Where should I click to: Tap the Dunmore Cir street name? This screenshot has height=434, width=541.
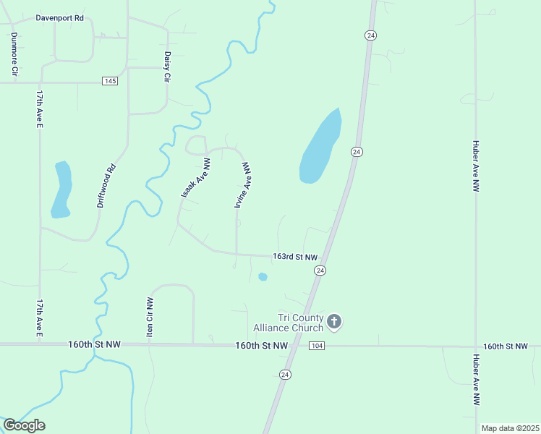coord(13,54)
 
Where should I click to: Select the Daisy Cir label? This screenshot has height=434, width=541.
coord(167,66)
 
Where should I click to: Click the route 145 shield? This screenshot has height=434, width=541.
coord(109,81)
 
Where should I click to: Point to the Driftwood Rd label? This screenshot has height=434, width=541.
coord(106,187)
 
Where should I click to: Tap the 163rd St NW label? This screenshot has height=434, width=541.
coord(294,257)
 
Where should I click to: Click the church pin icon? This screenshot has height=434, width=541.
coord(333,321)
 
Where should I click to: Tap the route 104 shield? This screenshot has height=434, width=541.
coord(317,347)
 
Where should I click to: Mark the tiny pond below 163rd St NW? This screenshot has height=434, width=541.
coord(263,276)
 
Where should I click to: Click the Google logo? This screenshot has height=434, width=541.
coord(24,425)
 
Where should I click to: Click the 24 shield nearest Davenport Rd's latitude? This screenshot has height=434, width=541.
coord(370,35)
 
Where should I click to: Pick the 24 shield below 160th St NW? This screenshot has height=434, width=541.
coord(285,374)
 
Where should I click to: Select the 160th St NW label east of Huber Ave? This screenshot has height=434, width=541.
coord(505,346)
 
